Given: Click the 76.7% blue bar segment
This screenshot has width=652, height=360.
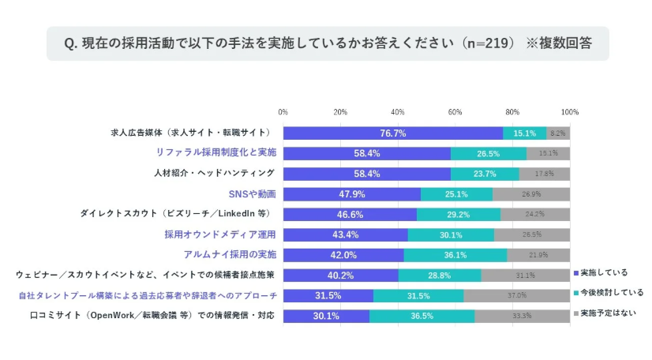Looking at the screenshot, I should (392, 133).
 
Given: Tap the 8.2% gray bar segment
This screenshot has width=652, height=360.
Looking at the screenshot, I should (558, 133).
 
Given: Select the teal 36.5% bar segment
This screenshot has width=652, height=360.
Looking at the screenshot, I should (422, 317).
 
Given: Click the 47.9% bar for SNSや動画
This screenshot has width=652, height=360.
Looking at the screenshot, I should (351, 194).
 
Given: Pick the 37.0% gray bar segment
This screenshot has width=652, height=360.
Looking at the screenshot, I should (517, 296).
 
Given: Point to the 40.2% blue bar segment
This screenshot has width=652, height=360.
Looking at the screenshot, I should (340, 276).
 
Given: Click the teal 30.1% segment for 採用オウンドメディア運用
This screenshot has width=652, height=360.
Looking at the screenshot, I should (451, 235).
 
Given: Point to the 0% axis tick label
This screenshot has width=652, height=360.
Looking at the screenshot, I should (283, 112).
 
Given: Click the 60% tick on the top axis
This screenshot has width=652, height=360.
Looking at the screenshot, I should (455, 112).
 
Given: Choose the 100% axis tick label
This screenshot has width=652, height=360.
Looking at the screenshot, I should (569, 112).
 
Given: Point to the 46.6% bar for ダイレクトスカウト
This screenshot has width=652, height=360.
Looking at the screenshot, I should (350, 215).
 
